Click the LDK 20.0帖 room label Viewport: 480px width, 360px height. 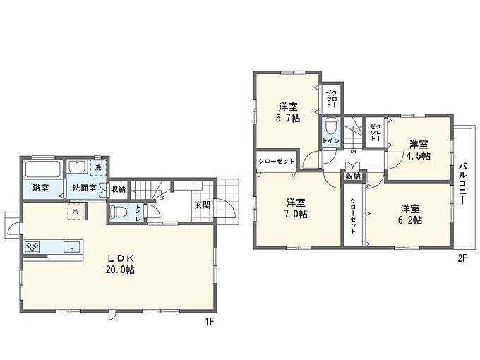pos(120,264)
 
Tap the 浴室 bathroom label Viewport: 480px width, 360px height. pos(41,188)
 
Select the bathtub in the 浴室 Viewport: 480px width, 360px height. pos(43,169)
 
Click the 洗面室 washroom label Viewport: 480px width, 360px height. pos(85,188)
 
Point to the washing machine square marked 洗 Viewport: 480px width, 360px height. pos(98,167)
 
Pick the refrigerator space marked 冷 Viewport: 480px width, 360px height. pos(76,211)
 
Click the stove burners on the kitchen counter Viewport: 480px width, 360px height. pos(32,247)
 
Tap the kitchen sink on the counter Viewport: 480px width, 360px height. pos(72,247)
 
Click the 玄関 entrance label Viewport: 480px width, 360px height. pos(203,205)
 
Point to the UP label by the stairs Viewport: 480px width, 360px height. pos(162,198)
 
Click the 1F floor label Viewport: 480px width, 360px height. pos(210,322)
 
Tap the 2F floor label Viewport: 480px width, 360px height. pos(462,258)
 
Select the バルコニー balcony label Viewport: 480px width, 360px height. pos(462,184)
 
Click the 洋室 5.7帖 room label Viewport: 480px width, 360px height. pos(288,113)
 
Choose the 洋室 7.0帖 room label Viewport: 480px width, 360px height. pos(296,208)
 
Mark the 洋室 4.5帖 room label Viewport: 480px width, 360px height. pos(419,150)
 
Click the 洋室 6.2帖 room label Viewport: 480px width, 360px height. pos(410,215)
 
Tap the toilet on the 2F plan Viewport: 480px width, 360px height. pos(330,126)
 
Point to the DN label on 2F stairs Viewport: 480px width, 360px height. pos(353,151)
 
